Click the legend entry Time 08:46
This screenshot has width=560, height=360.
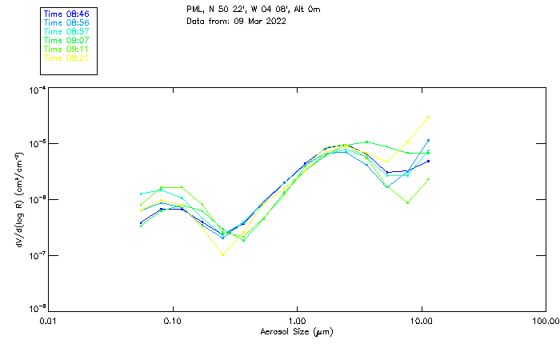(66, 14)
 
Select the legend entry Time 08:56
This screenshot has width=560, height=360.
(66, 23)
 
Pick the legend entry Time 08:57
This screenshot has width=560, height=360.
(66, 32)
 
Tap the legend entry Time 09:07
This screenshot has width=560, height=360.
(66, 41)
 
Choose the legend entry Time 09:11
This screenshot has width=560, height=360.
(66, 49)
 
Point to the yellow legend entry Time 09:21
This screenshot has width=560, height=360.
(66, 58)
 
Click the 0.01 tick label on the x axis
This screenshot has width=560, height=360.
(48, 322)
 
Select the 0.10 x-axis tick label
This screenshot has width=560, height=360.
(172, 322)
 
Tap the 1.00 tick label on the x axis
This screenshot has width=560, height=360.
(297, 322)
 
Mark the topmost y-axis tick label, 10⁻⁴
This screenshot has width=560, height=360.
(36, 90)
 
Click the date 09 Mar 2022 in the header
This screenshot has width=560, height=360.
(260, 21)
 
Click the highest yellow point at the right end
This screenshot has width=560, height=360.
(429, 117)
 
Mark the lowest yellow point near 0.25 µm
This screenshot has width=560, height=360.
(223, 254)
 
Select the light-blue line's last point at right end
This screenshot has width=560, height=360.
(429, 140)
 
